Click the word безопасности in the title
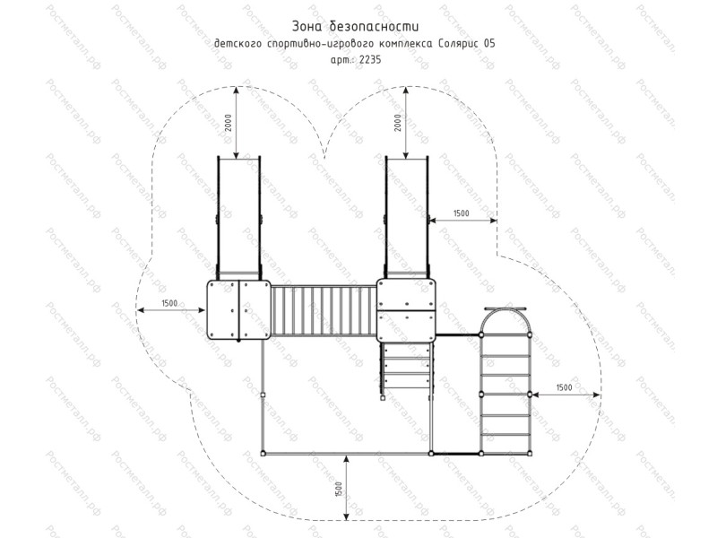pyautogui.click(x=374, y=27)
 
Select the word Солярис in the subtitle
pyautogui.click(x=457, y=44)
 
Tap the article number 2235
pyautogui.click(x=370, y=59)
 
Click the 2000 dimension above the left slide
pyautogui.click(x=229, y=123)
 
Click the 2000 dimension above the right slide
pyautogui.click(x=398, y=123)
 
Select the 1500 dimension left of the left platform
pyautogui.click(x=169, y=303)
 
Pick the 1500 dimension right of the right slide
pyautogui.click(x=461, y=213)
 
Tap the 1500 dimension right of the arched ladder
pyautogui.click(x=564, y=387)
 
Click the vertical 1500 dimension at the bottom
pyautogui.click(x=339, y=489)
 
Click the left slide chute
pyautogui.click(x=238, y=217)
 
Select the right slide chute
pyautogui.click(x=407, y=217)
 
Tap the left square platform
pyautogui.click(x=238, y=309)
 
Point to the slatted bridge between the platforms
pyautogui.click(x=324, y=310)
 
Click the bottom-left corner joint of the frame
pyautogui.click(x=263, y=454)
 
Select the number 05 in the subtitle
pyautogui.click(x=488, y=44)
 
